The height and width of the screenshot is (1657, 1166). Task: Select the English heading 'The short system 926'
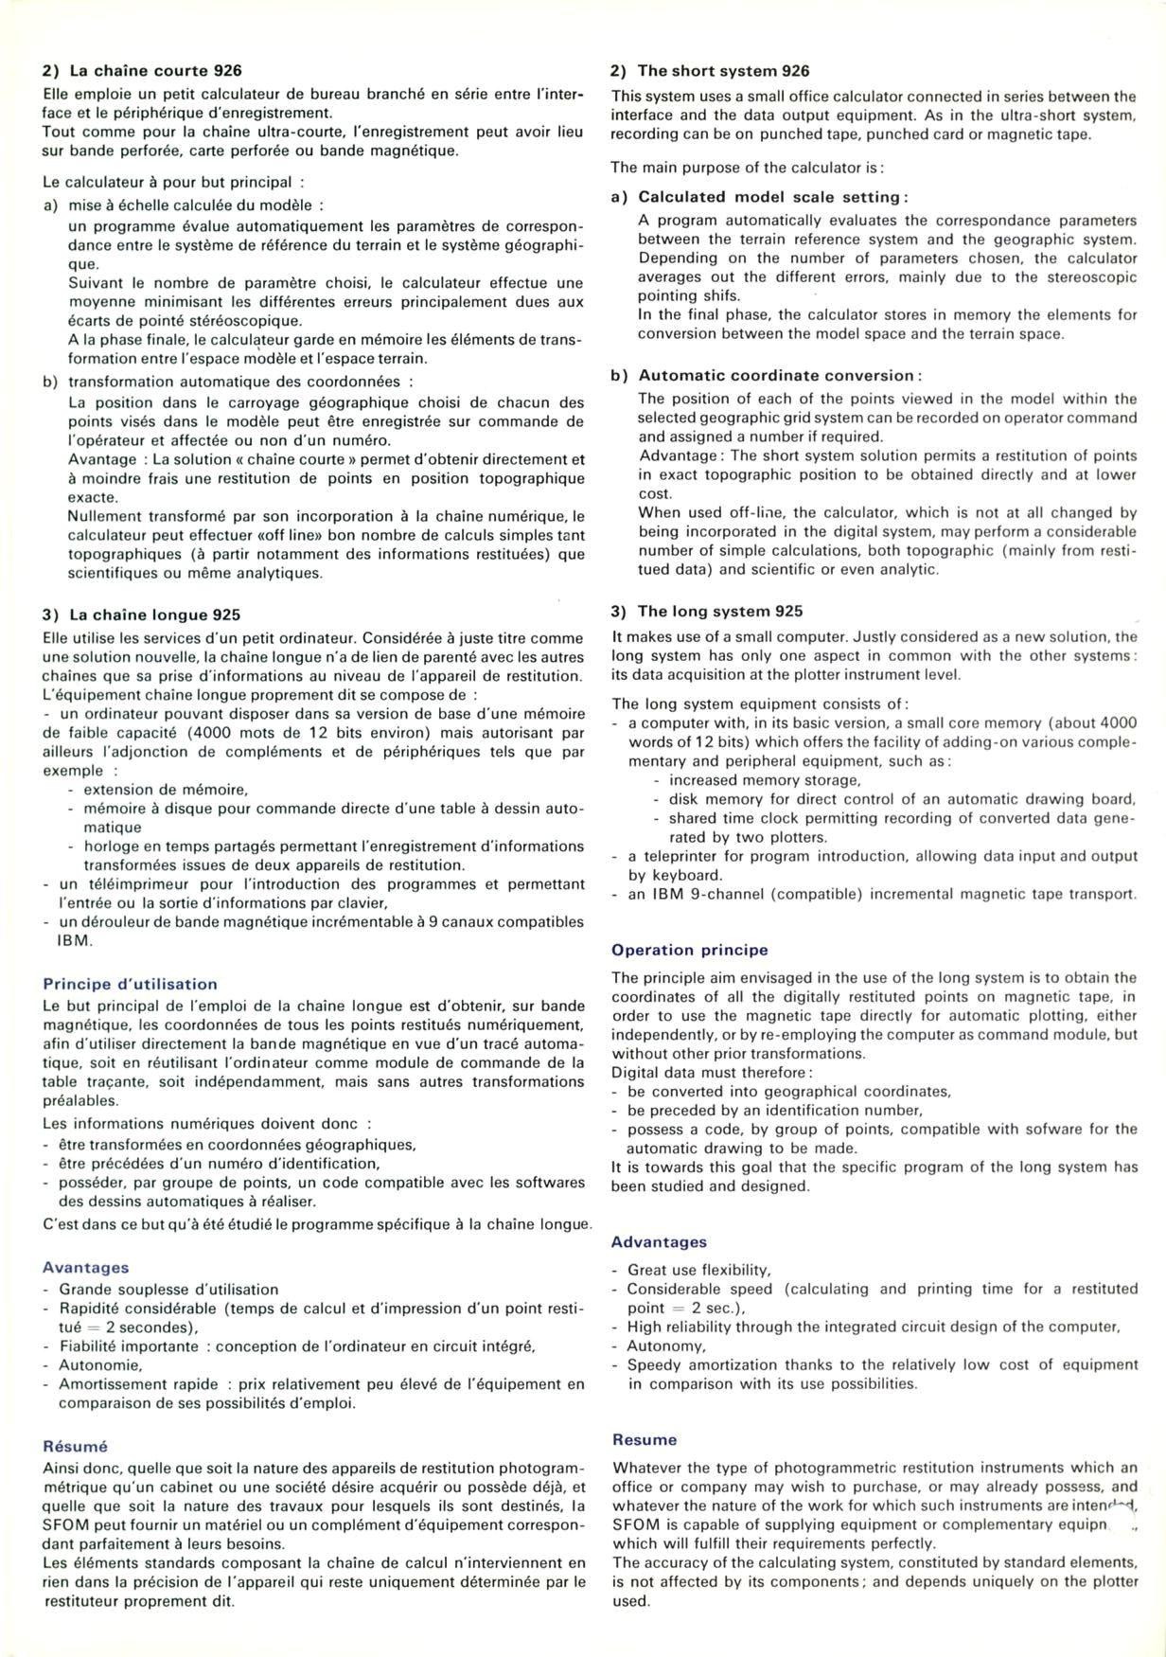coord(723,71)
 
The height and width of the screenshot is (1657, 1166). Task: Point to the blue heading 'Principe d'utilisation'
coord(131,984)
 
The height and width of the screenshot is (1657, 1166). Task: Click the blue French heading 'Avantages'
coord(86,1267)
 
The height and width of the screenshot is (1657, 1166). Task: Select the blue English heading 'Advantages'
coord(660,1241)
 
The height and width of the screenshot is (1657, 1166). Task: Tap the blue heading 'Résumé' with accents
coord(76,1446)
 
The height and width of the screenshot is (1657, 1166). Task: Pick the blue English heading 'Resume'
coord(645,1439)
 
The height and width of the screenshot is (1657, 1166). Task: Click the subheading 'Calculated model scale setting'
coord(772,197)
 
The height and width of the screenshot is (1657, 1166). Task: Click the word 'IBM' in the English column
coord(664,894)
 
